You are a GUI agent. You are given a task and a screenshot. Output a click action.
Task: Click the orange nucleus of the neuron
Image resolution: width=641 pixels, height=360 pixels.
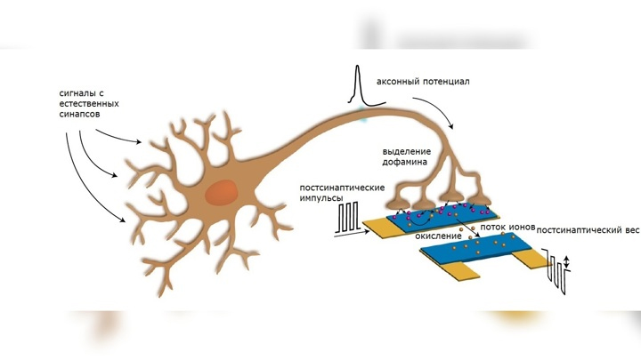pyautogui.click(x=221, y=192)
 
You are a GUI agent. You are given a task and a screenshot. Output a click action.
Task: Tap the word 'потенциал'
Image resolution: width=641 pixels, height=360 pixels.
pyautogui.click(x=447, y=82)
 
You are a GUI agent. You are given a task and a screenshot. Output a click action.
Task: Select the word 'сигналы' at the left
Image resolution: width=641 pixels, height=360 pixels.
pyautogui.click(x=76, y=92)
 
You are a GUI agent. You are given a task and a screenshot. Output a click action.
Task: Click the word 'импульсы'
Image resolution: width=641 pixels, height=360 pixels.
pyautogui.click(x=320, y=199)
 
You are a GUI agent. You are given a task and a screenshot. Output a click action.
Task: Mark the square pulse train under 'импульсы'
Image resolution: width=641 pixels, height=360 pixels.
pyautogui.click(x=349, y=220)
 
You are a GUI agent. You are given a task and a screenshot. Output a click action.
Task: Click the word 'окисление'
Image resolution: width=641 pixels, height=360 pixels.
pyautogui.click(x=438, y=236)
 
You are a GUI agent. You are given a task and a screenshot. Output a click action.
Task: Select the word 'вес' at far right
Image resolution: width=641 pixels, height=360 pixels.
pyautogui.click(x=632, y=228)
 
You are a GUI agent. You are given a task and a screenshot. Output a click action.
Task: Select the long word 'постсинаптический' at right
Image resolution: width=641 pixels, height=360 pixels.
pyautogui.click(x=580, y=228)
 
